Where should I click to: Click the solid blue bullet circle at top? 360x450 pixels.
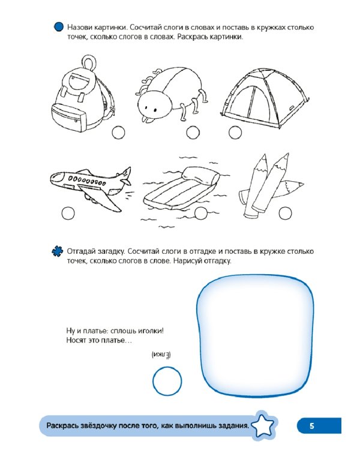(x=59, y=27)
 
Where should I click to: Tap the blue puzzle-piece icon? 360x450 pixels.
(x=58, y=251)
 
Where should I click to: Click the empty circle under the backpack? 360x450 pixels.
(x=118, y=133)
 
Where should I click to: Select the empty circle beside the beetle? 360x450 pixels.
(x=193, y=133)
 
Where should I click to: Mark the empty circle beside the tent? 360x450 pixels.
(x=235, y=133)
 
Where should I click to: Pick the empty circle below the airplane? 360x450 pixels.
(x=68, y=213)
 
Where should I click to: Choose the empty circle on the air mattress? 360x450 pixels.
(x=200, y=213)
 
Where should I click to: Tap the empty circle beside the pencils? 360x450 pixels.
(x=285, y=213)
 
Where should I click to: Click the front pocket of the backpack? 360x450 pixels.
(x=69, y=115)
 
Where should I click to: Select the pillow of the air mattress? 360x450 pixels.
(x=201, y=175)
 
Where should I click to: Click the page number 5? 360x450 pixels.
(x=312, y=425)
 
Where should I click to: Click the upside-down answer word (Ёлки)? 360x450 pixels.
(x=161, y=355)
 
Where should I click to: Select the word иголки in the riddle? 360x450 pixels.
(x=151, y=331)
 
